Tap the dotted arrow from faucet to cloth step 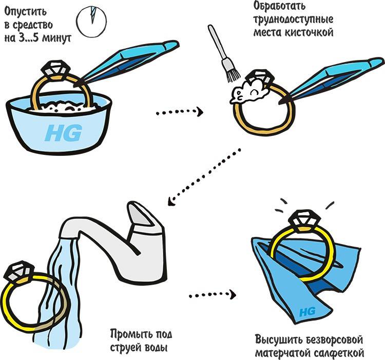pos(212,295)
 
